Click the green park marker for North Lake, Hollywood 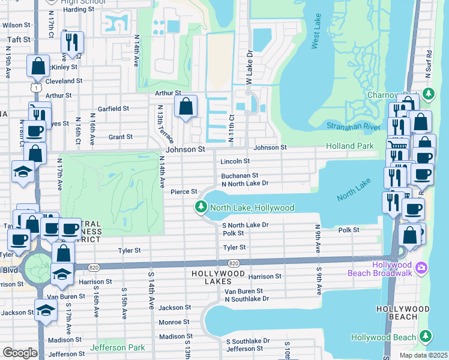200,208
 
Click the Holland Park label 349,146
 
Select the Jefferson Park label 118,347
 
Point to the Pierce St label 184,192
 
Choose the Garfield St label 113,109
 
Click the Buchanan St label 239,175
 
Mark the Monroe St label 175,322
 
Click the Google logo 20,353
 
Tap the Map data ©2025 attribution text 423,355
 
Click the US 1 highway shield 37,88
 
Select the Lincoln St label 235,161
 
